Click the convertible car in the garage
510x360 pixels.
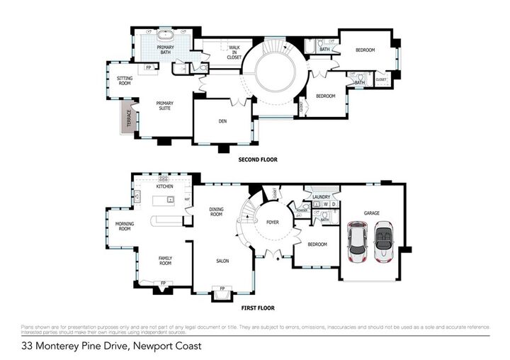384,242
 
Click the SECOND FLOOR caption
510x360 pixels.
257,160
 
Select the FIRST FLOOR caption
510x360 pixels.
257,308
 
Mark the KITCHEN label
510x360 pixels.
164,186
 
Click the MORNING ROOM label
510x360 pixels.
125,226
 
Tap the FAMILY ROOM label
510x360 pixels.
165,260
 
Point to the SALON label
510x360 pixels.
222,261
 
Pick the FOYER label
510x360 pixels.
273,222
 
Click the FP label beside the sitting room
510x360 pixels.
149,67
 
